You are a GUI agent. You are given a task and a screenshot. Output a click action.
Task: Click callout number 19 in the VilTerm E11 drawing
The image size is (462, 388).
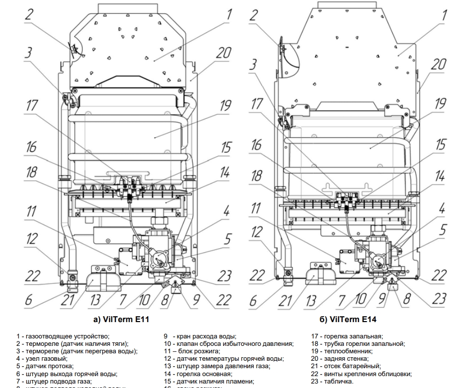[226, 105]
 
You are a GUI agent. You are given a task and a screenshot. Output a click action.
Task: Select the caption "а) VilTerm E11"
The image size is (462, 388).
[118, 320]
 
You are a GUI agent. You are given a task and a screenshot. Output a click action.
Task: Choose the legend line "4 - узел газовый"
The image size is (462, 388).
[42, 358]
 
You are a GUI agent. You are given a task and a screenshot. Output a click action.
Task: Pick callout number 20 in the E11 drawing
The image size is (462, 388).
[224, 53]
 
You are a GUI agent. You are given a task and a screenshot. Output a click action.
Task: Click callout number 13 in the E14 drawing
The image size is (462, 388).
[311, 300]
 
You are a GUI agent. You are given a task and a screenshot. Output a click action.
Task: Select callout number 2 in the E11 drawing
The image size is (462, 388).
[29, 14]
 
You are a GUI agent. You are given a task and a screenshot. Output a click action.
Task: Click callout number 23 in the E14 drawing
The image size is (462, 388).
[439, 298]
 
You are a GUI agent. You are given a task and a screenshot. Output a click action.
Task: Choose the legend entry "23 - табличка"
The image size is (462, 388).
[332, 382]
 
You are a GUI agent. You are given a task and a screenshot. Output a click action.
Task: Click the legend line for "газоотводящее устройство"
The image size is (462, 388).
[63, 336]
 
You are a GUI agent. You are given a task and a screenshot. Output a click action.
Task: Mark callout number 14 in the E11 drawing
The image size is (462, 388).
[226, 172]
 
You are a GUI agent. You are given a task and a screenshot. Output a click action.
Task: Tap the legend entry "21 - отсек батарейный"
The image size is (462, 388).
[346, 366]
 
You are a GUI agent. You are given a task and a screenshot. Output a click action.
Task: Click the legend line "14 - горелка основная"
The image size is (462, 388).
[198, 374]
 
